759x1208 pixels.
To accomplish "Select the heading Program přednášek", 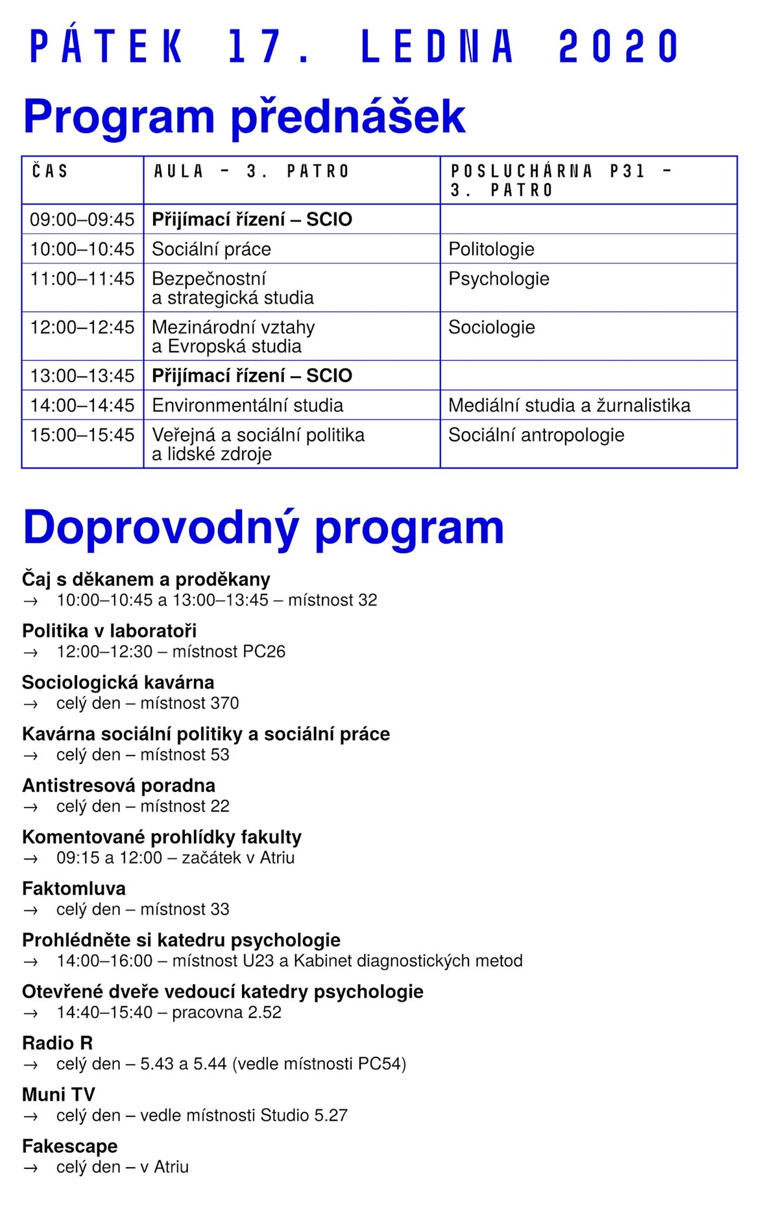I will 244,117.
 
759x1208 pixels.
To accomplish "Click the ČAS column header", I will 50,171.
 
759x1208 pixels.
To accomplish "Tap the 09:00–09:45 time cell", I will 82,219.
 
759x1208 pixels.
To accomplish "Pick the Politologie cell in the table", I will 491,249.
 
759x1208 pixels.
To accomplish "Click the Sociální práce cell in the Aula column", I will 211,249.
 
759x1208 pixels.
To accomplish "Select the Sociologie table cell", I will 491,327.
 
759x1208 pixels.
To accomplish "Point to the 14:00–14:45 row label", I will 82,406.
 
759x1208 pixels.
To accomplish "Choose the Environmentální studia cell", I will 247,406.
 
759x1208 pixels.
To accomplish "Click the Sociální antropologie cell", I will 536,435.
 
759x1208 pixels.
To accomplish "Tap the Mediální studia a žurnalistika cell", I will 569,406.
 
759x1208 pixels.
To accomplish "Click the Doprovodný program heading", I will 263,527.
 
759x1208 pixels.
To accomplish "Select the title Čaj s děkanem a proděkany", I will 146,579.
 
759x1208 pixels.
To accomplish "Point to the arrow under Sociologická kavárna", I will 30,704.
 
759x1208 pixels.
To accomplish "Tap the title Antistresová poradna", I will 119,785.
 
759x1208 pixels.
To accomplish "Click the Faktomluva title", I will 74,889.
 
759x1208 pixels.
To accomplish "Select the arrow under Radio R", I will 30,1065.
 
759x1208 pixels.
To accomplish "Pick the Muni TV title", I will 58,1095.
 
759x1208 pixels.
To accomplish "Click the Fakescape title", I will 70,1146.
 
